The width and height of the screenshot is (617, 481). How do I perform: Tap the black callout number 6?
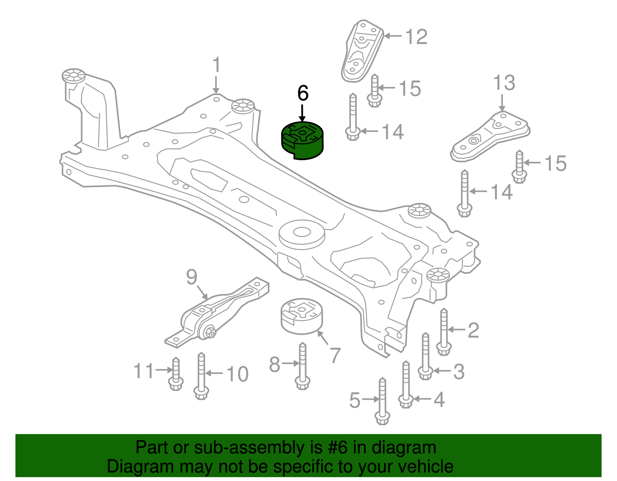[303, 93]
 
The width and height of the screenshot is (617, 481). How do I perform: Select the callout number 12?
[416, 37]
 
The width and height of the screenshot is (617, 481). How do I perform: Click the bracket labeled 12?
[362, 52]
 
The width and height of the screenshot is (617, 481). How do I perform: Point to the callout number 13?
[504, 83]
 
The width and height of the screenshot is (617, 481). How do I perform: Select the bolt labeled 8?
[302, 366]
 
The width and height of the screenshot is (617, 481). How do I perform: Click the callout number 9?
[192, 277]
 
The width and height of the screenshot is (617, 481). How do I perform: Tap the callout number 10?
[237, 374]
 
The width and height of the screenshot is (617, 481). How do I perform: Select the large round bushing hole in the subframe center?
[302, 232]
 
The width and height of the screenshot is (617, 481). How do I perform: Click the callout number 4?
[439, 399]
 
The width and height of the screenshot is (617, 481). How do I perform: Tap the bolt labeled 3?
[425, 356]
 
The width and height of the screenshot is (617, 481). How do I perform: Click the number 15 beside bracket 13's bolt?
[555, 163]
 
